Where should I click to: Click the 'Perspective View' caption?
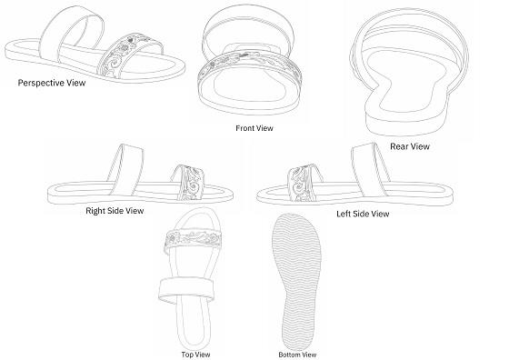[x=52, y=83]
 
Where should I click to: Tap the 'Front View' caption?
[x=254, y=128]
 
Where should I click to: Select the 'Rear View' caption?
[x=410, y=146]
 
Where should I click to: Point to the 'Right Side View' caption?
[x=115, y=211]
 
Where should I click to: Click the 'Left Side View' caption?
[x=363, y=214]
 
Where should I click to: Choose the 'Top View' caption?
[x=195, y=355]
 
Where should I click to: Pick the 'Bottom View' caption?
[x=297, y=355]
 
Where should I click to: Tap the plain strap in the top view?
[x=186, y=290]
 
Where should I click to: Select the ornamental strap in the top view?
[x=193, y=238]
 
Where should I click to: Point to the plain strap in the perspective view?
[x=72, y=33]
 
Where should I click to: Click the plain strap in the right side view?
[x=125, y=169]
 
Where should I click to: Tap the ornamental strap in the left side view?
[x=303, y=183]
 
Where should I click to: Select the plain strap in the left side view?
[x=371, y=169]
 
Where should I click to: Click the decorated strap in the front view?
[x=249, y=64]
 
